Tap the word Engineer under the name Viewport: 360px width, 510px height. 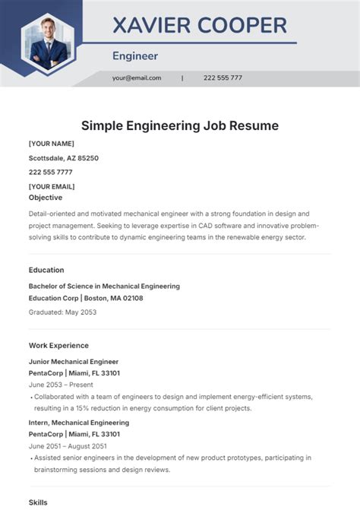click(x=135, y=55)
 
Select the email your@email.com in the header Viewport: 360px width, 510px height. click(x=137, y=78)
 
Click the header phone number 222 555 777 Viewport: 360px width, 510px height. click(x=223, y=78)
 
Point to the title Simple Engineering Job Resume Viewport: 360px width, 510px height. click(x=180, y=125)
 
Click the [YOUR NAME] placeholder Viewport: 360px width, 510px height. click(x=51, y=144)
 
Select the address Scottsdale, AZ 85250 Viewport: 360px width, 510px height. click(x=64, y=158)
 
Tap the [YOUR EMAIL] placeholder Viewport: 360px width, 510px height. click(x=52, y=186)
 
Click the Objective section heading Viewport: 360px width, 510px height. click(x=46, y=197)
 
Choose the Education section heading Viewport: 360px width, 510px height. click(x=46, y=270)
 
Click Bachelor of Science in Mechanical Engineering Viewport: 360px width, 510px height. click(x=104, y=287)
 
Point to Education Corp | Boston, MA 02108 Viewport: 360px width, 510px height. click(x=86, y=298)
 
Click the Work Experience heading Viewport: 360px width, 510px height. click(x=58, y=345)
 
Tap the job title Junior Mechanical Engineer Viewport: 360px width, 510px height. click(x=74, y=362)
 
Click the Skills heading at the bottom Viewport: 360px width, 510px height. click(x=38, y=502)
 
